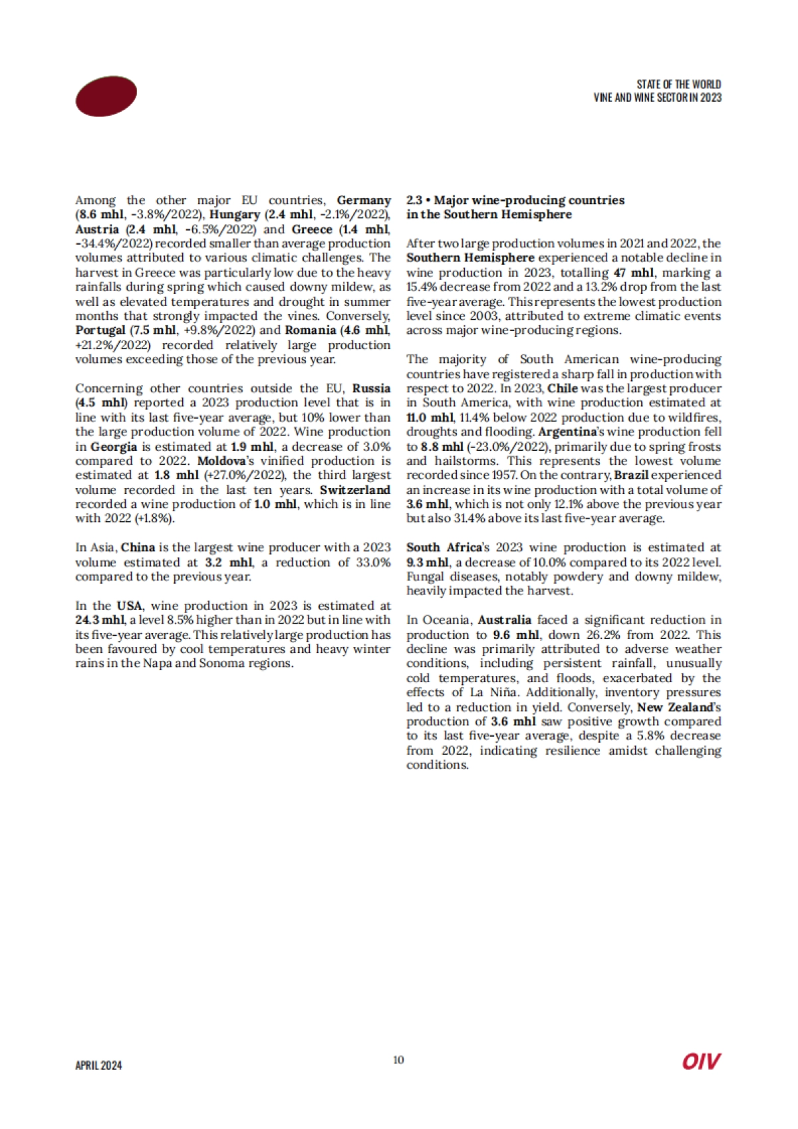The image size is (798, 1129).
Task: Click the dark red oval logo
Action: [x=106, y=96]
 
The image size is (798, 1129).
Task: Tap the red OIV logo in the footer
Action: [x=701, y=1061]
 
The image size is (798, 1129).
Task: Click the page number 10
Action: [x=398, y=1060]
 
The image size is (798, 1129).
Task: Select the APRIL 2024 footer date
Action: [x=98, y=1065]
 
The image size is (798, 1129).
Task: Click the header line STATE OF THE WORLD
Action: [x=678, y=84]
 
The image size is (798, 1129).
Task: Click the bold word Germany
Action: [x=364, y=200]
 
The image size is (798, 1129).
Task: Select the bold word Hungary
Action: [x=234, y=215]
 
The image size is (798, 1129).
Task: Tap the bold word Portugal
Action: [x=100, y=330]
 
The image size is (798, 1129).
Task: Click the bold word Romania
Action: [x=311, y=330]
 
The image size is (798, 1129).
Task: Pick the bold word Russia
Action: [x=371, y=388]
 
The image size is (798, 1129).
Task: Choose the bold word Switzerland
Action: [x=355, y=490]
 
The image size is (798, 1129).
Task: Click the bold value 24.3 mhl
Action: [x=100, y=620]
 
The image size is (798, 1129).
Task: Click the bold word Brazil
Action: [x=631, y=475]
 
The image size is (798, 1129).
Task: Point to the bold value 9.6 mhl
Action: [x=515, y=635]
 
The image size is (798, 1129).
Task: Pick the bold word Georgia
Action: [x=114, y=447]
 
